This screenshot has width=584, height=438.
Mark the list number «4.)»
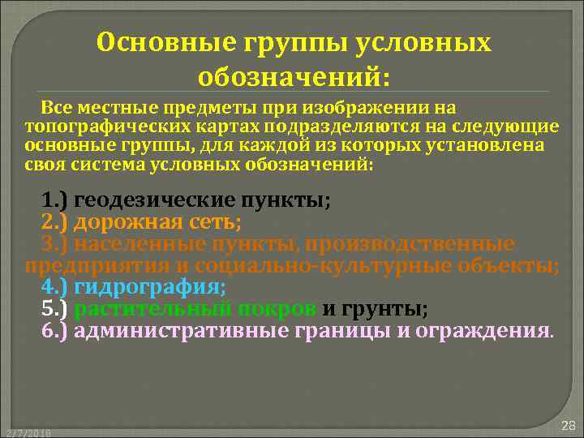click(55, 287)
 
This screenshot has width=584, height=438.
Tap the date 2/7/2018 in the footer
click(26, 433)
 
